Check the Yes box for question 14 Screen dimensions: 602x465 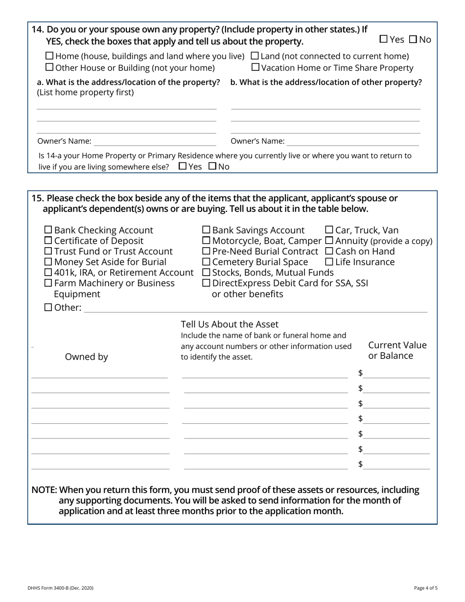[383, 39]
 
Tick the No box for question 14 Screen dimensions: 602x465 [413, 39]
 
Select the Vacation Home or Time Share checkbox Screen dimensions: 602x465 [256, 68]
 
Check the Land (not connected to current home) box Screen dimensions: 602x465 [255, 56]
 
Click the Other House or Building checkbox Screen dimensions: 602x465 [49, 68]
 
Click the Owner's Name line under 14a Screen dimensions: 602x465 [155, 141]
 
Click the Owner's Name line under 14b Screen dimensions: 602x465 [352, 141]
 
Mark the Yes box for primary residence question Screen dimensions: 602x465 [183, 166]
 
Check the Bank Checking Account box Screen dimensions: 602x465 [48, 230]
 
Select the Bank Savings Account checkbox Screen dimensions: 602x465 [207, 230]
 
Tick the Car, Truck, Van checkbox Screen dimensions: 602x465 [329, 230]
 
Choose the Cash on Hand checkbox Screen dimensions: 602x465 [329, 251]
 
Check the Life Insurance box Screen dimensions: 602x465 [329, 262]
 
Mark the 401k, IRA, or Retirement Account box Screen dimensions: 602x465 [48, 272]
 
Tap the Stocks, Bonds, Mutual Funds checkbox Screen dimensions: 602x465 [207, 272]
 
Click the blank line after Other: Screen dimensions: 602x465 [255, 308]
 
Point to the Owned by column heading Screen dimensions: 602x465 [87, 357]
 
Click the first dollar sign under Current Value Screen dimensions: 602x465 [361, 373]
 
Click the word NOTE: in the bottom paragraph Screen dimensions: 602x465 [44, 490]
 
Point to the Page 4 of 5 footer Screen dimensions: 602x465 [425, 588]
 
